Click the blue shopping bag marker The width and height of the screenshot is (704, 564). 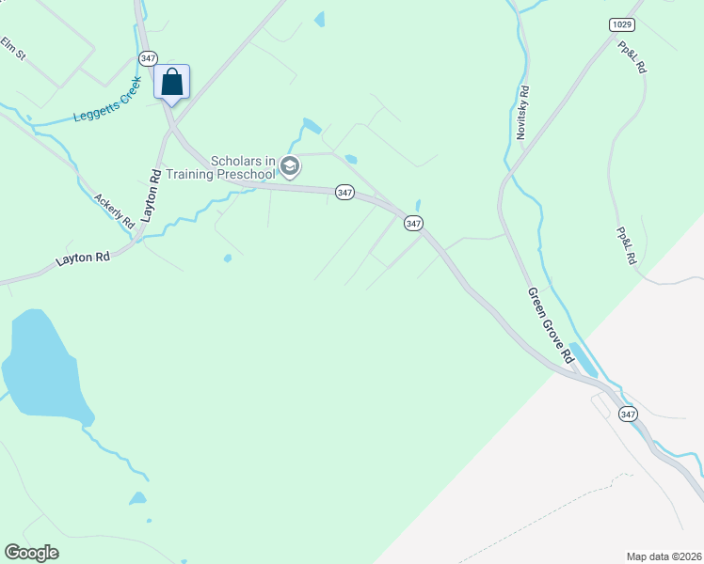pos(171,82)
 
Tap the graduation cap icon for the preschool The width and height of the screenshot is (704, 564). pos(290,166)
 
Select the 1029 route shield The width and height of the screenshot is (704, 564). pos(621,24)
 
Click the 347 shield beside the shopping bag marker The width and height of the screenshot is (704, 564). pos(148,58)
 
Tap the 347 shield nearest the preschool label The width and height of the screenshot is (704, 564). pos(344,192)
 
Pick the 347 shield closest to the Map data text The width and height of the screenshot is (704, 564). pos(629,414)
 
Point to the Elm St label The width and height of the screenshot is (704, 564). pos(13,49)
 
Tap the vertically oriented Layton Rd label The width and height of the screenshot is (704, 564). pos(152,196)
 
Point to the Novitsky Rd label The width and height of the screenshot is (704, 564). pos(523,113)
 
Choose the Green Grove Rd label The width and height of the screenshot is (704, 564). pos(550,325)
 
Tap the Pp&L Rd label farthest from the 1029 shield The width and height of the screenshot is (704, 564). pos(625,245)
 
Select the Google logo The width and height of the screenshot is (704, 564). pos(31,553)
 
